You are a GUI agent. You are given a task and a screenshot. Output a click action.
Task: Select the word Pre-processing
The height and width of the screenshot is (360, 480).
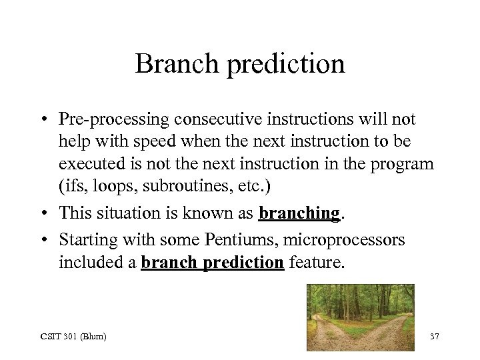[x=113, y=120]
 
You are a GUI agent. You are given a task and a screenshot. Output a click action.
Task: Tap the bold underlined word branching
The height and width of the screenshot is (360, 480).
[x=299, y=213]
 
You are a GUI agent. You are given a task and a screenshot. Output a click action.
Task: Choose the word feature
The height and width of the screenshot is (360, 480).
[x=317, y=263]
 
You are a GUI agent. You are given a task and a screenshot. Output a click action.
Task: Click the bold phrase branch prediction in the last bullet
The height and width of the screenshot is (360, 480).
[x=212, y=263]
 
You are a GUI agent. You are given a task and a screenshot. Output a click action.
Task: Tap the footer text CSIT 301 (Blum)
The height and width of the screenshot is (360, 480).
[x=73, y=336]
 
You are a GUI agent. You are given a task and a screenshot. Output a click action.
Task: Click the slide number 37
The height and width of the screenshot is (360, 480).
[x=434, y=336]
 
